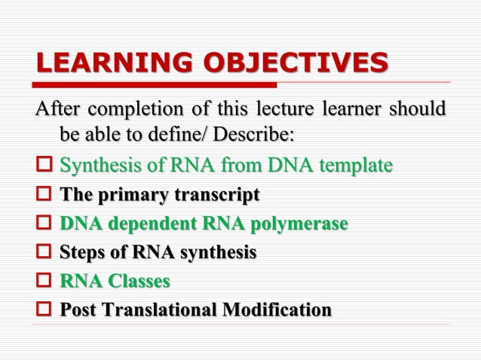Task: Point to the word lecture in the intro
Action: click(x=278, y=108)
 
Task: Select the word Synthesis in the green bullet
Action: click(x=94, y=165)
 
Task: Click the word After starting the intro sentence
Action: click(x=57, y=108)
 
